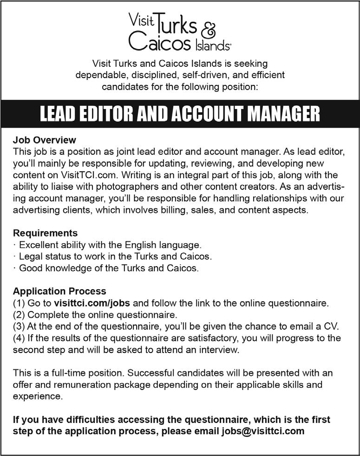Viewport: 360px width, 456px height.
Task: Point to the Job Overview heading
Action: (x=44, y=140)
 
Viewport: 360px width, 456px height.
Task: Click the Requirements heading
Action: (x=45, y=233)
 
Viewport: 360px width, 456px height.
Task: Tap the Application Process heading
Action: (x=59, y=292)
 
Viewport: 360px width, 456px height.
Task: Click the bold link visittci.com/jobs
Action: (x=92, y=304)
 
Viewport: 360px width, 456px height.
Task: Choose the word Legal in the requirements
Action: (x=30, y=256)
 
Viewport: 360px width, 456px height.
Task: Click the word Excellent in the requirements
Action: (x=39, y=244)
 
